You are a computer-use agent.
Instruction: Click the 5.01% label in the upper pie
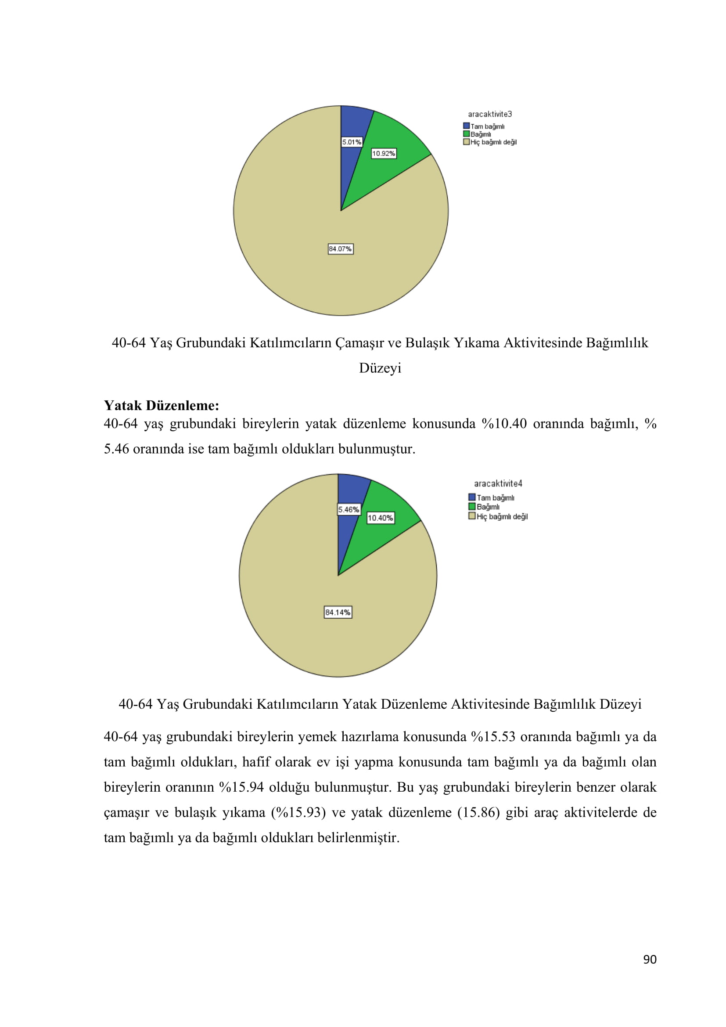[352, 142]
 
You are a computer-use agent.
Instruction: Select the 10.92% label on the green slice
[384, 153]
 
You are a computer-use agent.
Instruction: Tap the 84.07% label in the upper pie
[341, 249]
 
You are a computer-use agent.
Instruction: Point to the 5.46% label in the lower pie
[349, 509]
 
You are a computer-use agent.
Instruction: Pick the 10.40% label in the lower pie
[381, 518]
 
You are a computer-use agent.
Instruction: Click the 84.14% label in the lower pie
[338, 613]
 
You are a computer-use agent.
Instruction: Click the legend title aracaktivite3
[490, 115]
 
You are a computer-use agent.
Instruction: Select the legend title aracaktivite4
[498, 483]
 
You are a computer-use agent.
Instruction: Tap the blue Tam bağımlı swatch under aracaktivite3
[466, 126]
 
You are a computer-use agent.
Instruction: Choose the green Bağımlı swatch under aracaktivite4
[471, 506]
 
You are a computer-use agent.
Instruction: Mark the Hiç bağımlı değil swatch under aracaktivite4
[471, 516]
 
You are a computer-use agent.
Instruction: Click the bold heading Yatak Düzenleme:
[162, 405]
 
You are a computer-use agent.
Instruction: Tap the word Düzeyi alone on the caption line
[380, 368]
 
